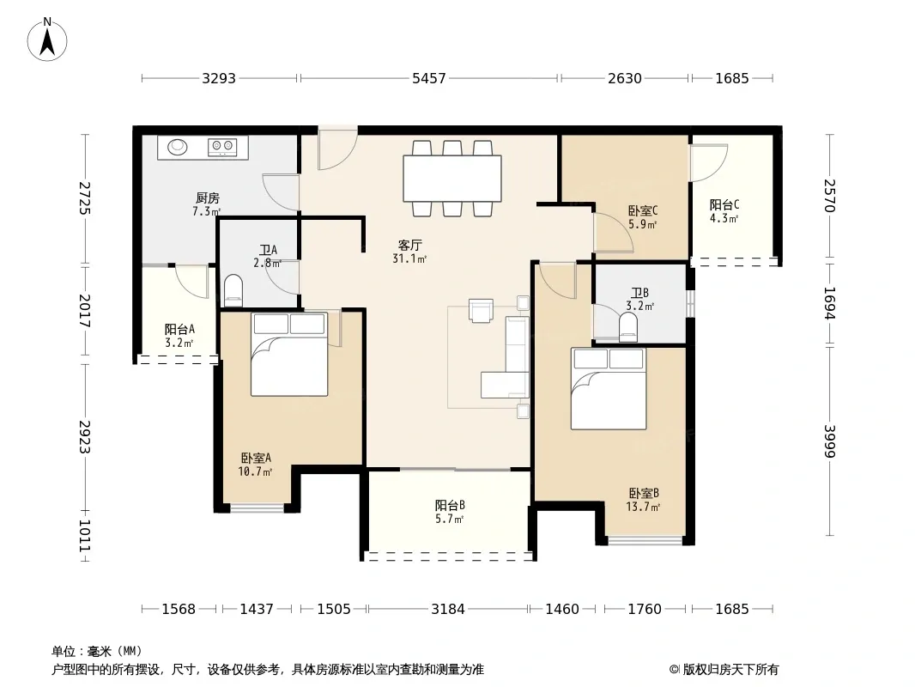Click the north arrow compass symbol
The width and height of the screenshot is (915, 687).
(x=47, y=40)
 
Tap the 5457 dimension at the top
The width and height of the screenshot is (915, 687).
(x=429, y=78)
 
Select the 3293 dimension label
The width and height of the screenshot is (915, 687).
(x=219, y=78)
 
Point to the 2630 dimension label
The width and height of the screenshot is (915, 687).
(x=624, y=78)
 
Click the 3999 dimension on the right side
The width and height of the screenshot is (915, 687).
(x=829, y=441)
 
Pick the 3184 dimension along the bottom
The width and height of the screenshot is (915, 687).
(x=447, y=610)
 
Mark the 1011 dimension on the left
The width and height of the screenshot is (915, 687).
(x=85, y=535)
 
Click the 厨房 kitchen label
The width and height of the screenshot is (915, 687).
(x=207, y=198)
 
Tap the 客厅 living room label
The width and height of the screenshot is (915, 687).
(x=409, y=245)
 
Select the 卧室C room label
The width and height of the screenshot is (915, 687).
(x=643, y=210)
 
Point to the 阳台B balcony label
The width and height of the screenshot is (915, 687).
(x=450, y=506)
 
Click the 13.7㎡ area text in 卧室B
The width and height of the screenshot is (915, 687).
(x=643, y=507)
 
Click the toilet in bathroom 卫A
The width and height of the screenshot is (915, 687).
(x=233, y=289)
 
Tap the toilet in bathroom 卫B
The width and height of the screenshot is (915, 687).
(x=628, y=327)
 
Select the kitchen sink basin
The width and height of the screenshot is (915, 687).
(x=178, y=147)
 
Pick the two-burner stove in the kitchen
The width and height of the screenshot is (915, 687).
(x=222, y=147)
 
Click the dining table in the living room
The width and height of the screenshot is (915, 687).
(x=452, y=178)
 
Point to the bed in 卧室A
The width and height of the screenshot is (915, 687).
(x=289, y=355)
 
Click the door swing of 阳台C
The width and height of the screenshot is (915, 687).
(x=708, y=163)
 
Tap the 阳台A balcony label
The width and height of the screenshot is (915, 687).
(x=179, y=330)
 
